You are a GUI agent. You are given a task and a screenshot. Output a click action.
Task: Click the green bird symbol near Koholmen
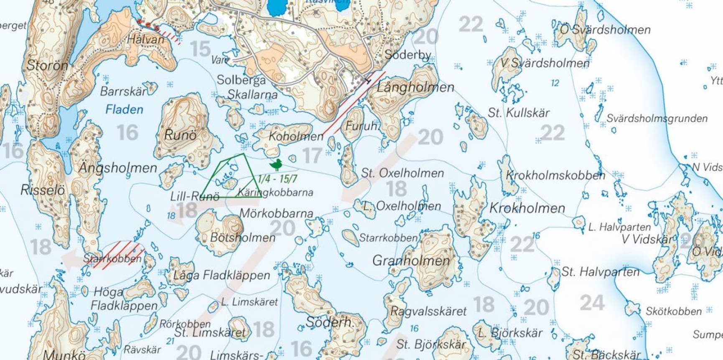(275, 165)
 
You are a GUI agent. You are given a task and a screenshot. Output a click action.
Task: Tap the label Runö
(180, 135)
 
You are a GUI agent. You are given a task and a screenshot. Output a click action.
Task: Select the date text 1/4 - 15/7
(277, 179)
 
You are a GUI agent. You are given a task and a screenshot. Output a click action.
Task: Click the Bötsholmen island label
(242, 237)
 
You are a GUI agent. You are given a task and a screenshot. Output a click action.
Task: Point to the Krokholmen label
(527, 208)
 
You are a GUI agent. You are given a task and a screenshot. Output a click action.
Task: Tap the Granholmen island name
(411, 260)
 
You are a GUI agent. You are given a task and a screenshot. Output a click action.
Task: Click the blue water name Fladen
(124, 110)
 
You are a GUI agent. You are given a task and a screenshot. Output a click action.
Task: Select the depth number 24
(592, 303)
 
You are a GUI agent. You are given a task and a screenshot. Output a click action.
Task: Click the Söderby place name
(407, 55)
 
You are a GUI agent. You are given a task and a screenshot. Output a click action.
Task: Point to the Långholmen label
(415, 87)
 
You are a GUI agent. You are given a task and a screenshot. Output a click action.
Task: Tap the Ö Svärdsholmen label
(605, 30)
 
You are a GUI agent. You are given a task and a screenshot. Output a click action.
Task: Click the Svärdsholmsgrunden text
(657, 118)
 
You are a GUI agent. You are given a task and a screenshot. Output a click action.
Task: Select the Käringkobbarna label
(275, 192)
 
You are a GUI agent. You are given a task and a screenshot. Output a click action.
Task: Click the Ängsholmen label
(118, 168)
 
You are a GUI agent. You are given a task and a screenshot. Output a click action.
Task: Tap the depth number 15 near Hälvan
(200, 49)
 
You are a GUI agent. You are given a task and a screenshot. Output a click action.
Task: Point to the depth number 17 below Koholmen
(312, 155)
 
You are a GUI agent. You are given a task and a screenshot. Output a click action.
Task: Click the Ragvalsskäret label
(428, 311)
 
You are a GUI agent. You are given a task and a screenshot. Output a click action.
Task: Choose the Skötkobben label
(673, 311)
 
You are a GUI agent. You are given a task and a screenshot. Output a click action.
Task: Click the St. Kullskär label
(518, 112)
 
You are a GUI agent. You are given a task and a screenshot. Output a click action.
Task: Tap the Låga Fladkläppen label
(221, 275)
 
